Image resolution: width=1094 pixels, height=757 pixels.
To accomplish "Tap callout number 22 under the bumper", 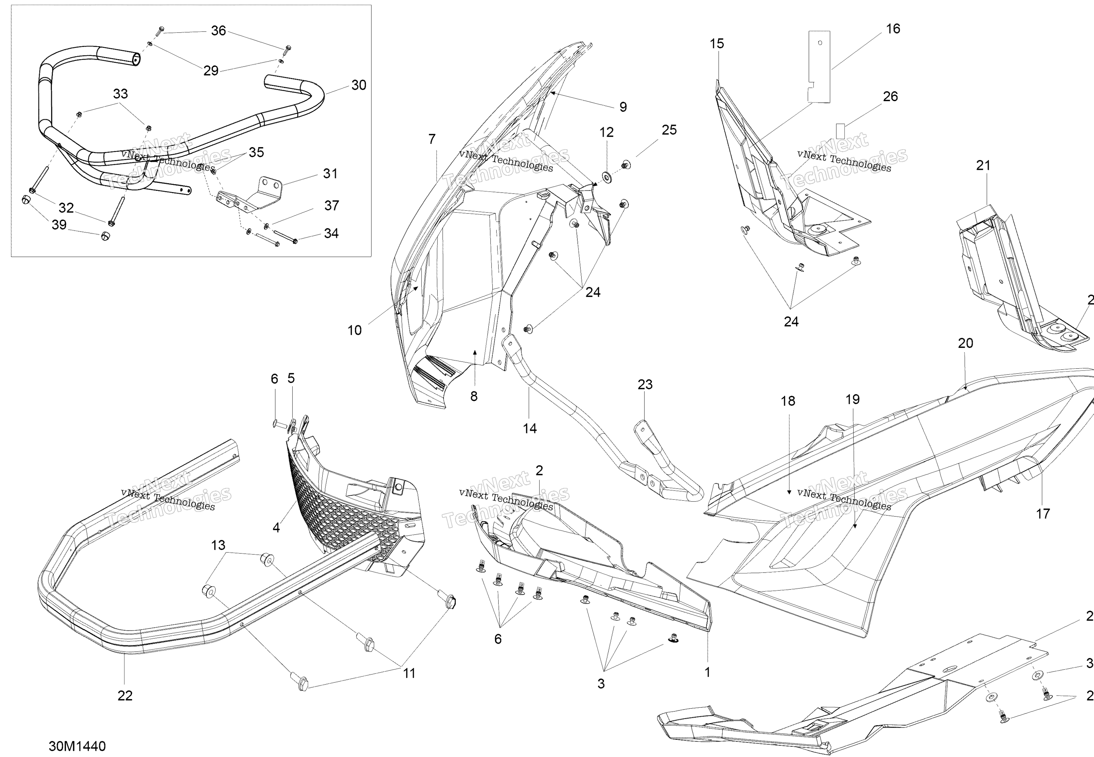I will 125,695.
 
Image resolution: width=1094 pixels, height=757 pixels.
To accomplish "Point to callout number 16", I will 893,29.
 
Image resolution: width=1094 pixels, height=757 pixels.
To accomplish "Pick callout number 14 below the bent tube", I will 530,428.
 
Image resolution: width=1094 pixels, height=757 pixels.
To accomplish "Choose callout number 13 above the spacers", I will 218,545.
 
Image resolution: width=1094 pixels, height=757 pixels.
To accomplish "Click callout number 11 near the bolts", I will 409,673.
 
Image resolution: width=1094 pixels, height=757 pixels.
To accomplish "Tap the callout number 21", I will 983,166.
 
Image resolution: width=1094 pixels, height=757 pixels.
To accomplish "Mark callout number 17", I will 1042,513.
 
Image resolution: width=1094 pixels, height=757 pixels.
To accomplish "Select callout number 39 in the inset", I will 59,224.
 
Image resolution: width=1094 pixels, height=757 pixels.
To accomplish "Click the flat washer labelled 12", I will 606,177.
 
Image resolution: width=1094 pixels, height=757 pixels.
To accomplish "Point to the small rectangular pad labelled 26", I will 840,131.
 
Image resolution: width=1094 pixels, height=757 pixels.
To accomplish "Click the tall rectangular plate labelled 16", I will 819,66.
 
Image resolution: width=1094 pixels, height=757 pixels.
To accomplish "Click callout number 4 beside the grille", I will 276,527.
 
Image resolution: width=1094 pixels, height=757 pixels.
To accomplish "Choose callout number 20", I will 965,343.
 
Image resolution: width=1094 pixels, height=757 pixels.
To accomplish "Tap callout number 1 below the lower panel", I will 707,672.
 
